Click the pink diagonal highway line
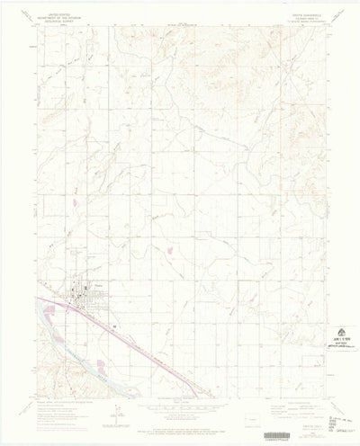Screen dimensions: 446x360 135,342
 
